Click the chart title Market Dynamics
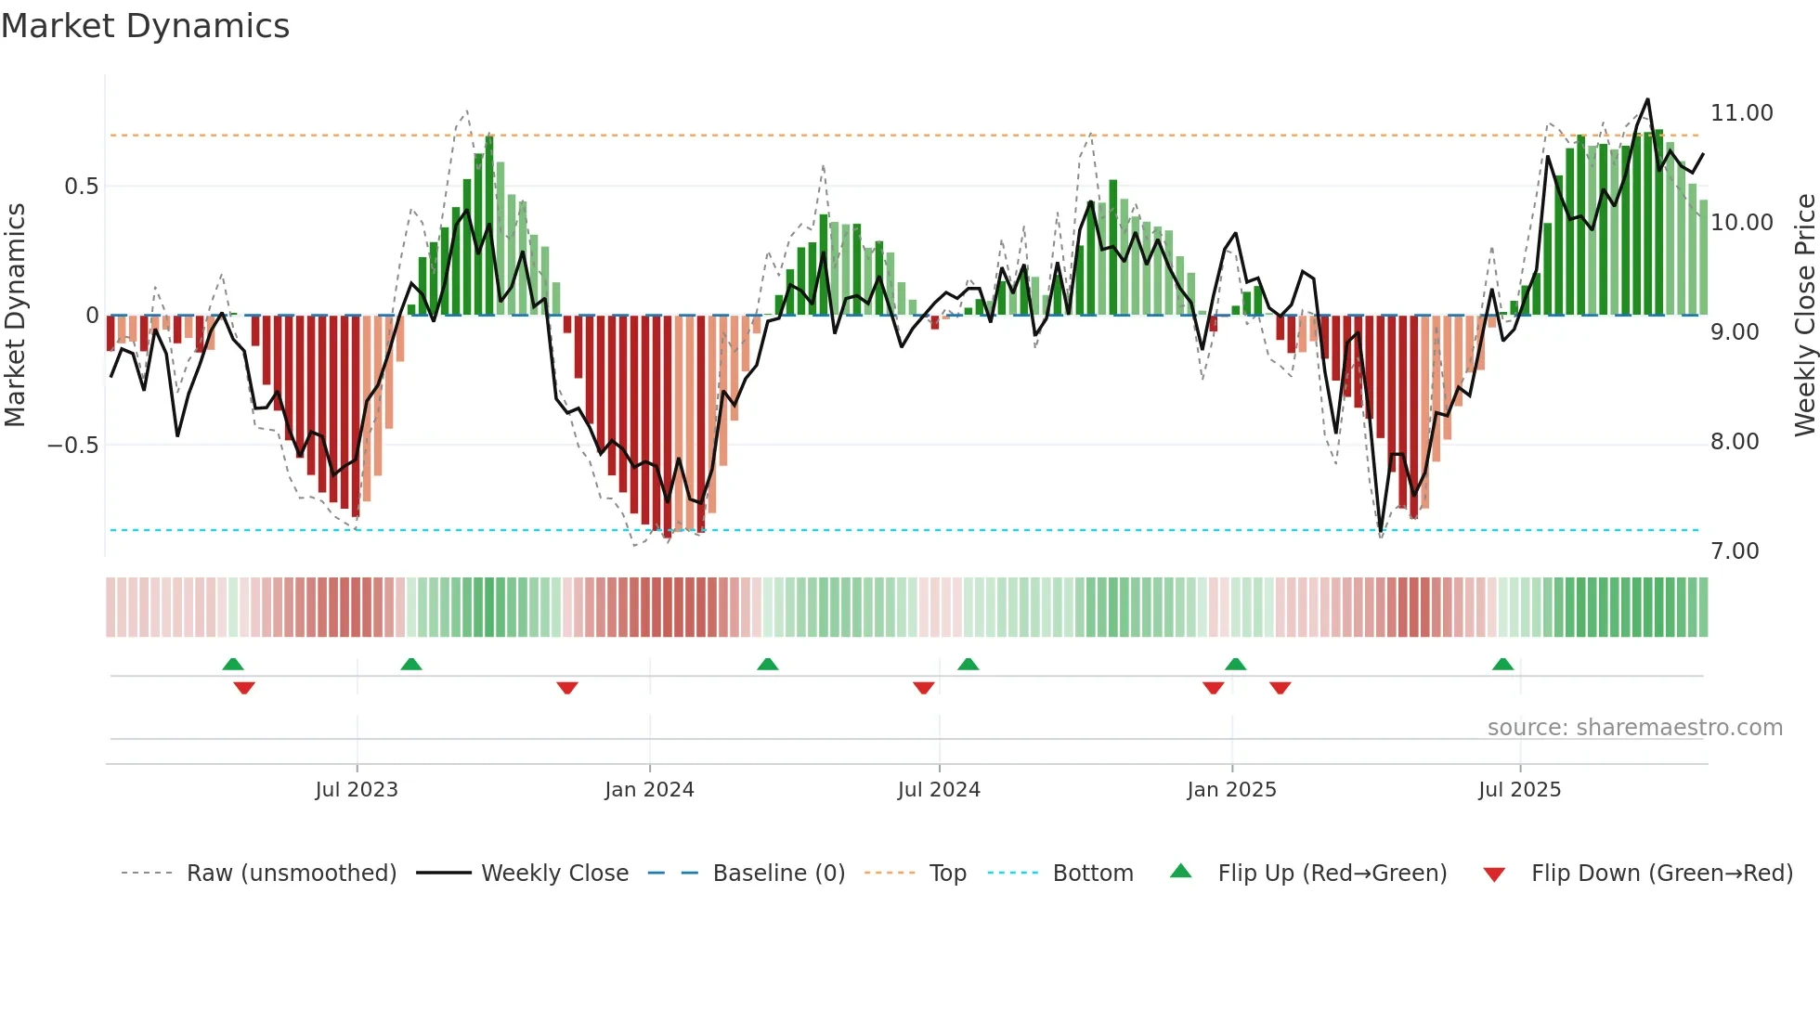146,26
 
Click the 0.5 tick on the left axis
81,187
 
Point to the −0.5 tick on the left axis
73,446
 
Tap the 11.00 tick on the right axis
1741,113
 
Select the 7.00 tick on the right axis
1735,551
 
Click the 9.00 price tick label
1735,332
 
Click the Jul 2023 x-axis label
357,790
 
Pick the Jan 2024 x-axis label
649,790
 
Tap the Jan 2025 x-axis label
1231,790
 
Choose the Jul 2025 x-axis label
1519,790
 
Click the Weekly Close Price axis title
1804,316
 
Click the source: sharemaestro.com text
1634,728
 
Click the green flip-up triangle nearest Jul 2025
1502,664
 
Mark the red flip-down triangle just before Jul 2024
923,688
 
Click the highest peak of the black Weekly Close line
1647,99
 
